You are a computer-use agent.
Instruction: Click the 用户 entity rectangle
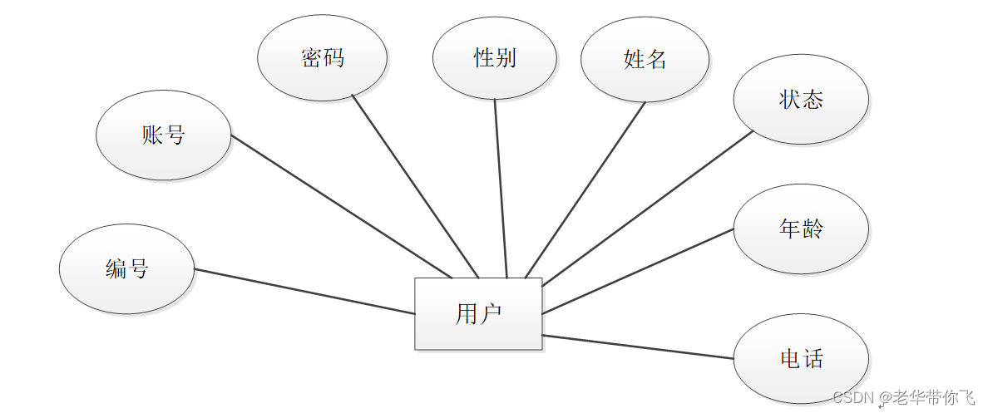tap(478, 313)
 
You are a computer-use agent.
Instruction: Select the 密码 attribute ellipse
tap(322, 57)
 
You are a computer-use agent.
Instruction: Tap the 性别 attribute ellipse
tap(495, 57)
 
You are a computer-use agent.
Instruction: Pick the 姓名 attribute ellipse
tap(645, 59)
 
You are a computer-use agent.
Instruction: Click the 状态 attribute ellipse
tap(801, 100)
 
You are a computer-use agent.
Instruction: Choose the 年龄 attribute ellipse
tap(801, 229)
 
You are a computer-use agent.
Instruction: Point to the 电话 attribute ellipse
tap(801, 359)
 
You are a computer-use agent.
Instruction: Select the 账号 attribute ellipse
tap(163, 135)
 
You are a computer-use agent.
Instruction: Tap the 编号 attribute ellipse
tap(126, 269)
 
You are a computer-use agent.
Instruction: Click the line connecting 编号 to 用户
tap(304, 291)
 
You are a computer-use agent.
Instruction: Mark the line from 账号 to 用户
tap(341, 206)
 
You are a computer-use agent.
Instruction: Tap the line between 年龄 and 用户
tap(637, 271)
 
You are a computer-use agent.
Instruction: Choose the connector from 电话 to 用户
tap(637, 347)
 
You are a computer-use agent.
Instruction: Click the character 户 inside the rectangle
tap(490, 314)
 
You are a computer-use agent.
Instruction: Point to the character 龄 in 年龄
tap(813, 229)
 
